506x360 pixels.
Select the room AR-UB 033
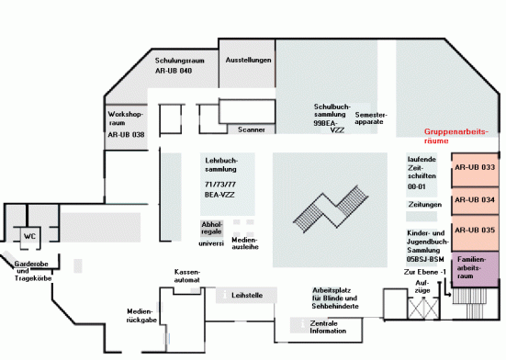pyautogui.click(x=474, y=168)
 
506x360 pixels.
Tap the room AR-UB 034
pyautogui.click(x=474, y=199)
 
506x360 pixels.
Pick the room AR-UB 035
pyautogui.click(x=474, y=230)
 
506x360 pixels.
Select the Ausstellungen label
pyautogui.click(x=248, y=61)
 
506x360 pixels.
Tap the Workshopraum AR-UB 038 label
pyautogui.click(x=126, y=124)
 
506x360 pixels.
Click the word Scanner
pyautogui.click(x=251, y=129)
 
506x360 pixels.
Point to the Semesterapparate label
pyautogui.click(x=371, y=118)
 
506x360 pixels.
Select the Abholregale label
pyautogui.click(x=211, y=229)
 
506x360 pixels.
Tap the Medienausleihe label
pyautogui.click(x=244, y=242)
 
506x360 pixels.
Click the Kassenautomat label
pyautogui.click(x=187, y=276)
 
